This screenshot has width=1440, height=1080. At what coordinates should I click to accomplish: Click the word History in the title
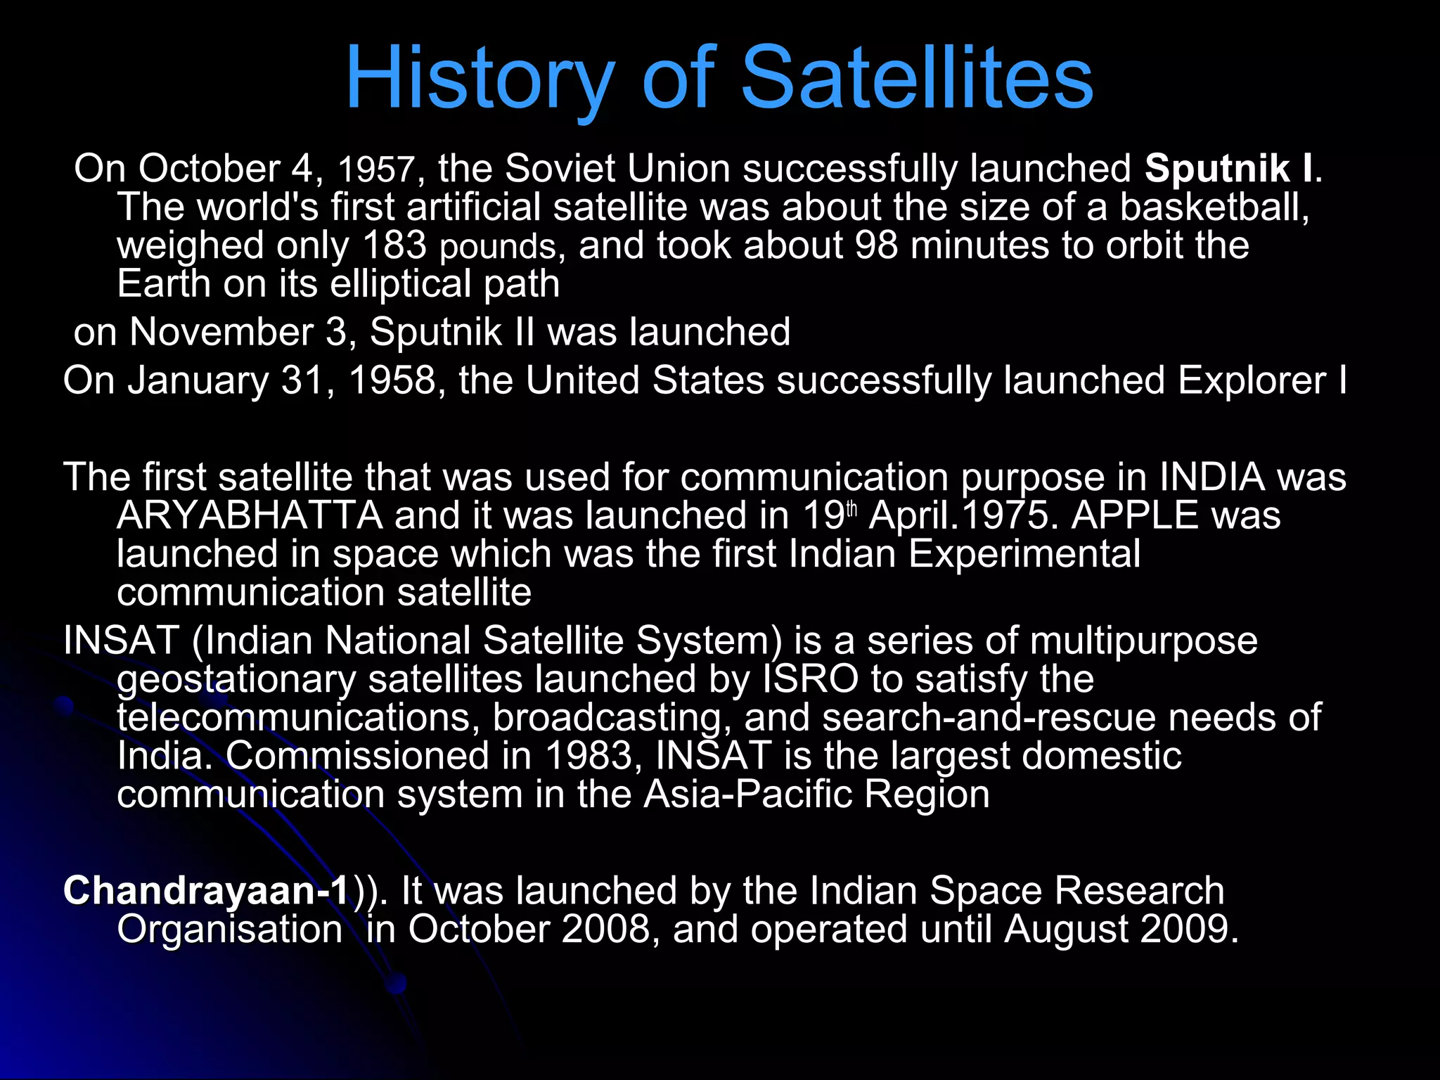(x=480, y=79)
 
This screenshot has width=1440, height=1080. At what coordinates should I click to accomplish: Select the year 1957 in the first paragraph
(x=377, y=170)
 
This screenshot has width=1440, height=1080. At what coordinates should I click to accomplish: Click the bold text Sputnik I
(x=1228, y=169)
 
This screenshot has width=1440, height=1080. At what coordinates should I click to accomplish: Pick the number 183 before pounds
(x=394, y=245)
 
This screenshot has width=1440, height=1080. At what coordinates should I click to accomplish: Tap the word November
(x=221, y=332)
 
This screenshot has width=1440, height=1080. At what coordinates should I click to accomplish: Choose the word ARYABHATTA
(x=250, y=515)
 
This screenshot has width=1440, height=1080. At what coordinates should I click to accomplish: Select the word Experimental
(x=1024, y=554)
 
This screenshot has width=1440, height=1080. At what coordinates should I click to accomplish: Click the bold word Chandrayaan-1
(x=206, y=891)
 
